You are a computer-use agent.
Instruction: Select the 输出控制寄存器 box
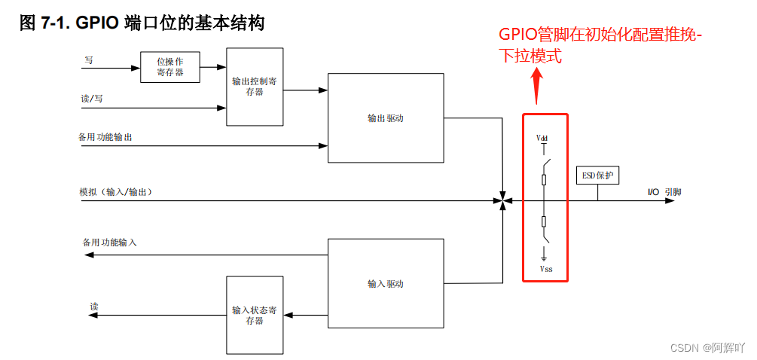coord(255,87)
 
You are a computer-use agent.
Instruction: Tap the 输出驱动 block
coord(386,118)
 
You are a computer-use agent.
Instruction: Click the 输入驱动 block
coord(386,284)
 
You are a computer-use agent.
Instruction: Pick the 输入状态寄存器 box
coord(255,315)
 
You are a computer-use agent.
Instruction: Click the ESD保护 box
coord(598,176)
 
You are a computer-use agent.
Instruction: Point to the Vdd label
coord(542,139)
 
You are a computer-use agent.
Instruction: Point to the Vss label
coord(545,268)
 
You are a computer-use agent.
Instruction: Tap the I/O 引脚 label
coord(664,192)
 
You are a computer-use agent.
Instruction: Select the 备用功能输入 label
coord(110,243)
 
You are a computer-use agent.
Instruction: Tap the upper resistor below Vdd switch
coord(544,179)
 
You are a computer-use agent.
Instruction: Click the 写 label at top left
coord(88,59)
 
